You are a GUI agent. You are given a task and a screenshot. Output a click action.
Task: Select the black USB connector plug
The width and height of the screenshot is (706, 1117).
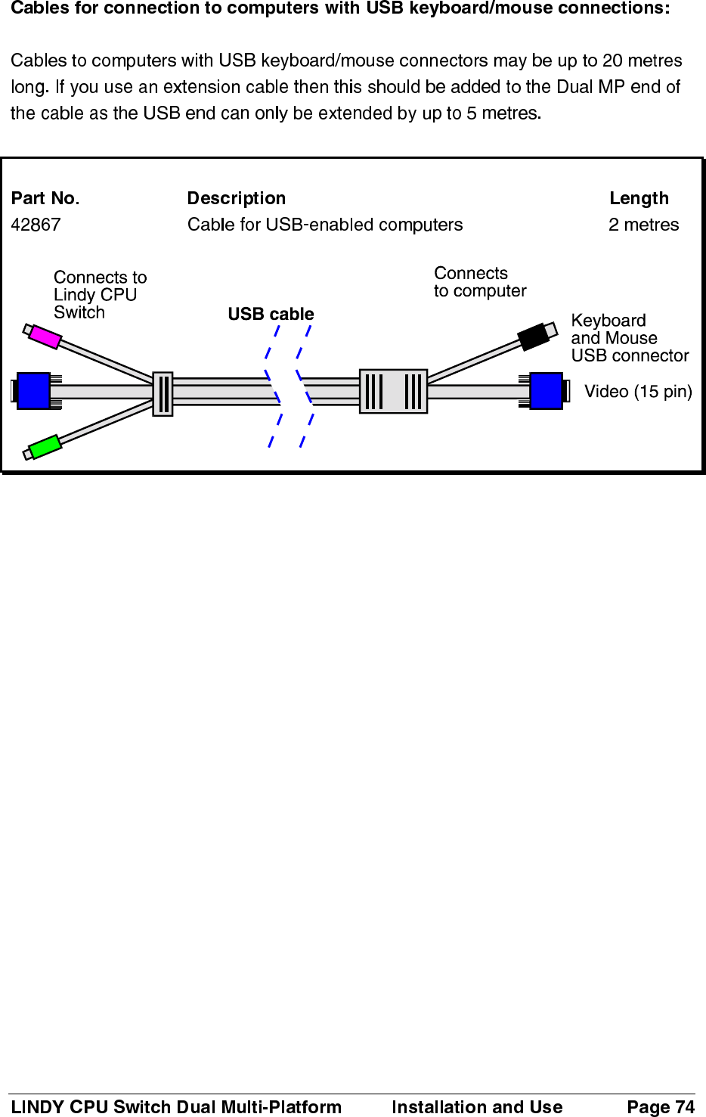point(534,337)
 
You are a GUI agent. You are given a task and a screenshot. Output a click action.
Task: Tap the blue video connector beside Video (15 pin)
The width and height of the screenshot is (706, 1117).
point(547,391)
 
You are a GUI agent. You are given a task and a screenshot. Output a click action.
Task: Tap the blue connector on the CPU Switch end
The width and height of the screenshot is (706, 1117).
point(34,391)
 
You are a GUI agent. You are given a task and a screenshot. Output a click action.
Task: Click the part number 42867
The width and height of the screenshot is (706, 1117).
point(36,225)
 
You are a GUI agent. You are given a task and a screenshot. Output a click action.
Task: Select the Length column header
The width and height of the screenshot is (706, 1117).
point(639,198)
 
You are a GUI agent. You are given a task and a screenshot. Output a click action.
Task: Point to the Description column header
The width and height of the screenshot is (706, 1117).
point(237,198)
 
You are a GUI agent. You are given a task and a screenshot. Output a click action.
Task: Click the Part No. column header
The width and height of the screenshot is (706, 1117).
point(45,198)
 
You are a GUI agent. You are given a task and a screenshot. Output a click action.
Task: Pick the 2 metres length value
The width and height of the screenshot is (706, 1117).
point(643,225)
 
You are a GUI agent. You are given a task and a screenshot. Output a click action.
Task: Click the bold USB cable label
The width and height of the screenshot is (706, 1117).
point(271,314)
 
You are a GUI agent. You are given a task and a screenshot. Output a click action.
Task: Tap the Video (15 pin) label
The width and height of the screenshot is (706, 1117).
point(638,391)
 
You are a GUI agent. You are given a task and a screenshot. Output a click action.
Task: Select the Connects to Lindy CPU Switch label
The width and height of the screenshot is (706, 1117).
point(100,295)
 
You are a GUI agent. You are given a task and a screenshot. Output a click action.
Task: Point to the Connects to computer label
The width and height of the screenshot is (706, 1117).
point(479,282)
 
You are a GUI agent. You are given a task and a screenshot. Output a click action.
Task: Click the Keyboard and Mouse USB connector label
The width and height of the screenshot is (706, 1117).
point(629,338)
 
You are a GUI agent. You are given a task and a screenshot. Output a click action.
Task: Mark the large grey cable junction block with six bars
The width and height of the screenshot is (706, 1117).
point(393,391)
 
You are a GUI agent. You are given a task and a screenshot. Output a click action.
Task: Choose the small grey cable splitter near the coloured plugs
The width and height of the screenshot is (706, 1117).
point(163,394)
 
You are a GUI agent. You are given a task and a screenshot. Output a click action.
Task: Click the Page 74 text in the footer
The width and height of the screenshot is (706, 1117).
point(660,1106)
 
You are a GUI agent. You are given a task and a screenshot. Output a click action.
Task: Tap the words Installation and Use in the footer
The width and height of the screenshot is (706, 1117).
point(477,1106)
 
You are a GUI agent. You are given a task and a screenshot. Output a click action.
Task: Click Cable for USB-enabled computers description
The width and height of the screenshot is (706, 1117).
point(325,225)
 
